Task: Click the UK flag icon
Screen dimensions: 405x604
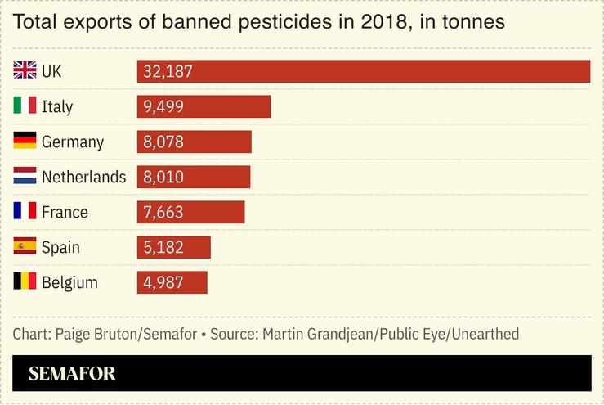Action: point(25,71)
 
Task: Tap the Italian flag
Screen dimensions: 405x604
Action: point(25,106)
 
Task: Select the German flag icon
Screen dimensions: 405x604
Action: point(25,142)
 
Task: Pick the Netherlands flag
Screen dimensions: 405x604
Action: point(25,177)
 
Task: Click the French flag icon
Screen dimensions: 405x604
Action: point(25,212)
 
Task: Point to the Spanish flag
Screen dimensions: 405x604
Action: point(25,247)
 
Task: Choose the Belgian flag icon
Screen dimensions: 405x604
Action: point(25,282)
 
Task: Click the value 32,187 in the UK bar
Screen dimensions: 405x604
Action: point(168,71)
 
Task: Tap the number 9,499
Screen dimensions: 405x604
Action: point(163,106)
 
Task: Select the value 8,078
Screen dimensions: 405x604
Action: point(163,142)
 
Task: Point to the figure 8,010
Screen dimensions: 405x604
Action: point(163,177)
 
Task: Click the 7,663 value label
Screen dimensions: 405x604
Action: point(163,212)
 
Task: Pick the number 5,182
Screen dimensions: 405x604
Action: point(163,247)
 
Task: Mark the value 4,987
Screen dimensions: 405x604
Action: point(163,282)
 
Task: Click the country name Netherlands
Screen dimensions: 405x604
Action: point(83,177)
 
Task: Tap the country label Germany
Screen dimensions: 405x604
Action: point(73,142)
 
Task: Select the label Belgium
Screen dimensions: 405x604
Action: point(69,282)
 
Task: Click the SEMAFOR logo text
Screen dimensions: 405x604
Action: point(72,374)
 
